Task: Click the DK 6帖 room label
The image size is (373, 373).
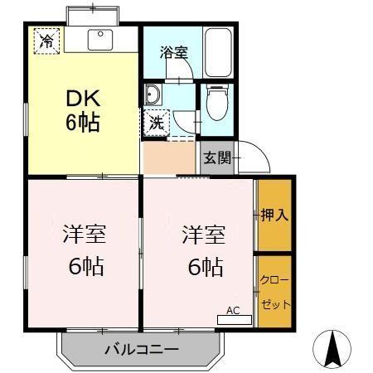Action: click(x=83, y=110)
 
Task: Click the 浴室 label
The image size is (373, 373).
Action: click(x=173, y=52)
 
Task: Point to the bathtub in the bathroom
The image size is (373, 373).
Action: click(x=216, y=51)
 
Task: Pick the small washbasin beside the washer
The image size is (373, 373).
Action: click(x=154, y=93)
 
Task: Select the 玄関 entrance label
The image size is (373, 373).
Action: click(x=218, y=157)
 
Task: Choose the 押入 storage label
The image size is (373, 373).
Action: click(x=274, y=215)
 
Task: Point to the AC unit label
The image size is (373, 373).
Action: click(x=234, y=312)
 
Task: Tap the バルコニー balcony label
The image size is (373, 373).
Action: click(x=141, y=350)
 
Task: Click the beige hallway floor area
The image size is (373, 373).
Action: click(x=168, y=157)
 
